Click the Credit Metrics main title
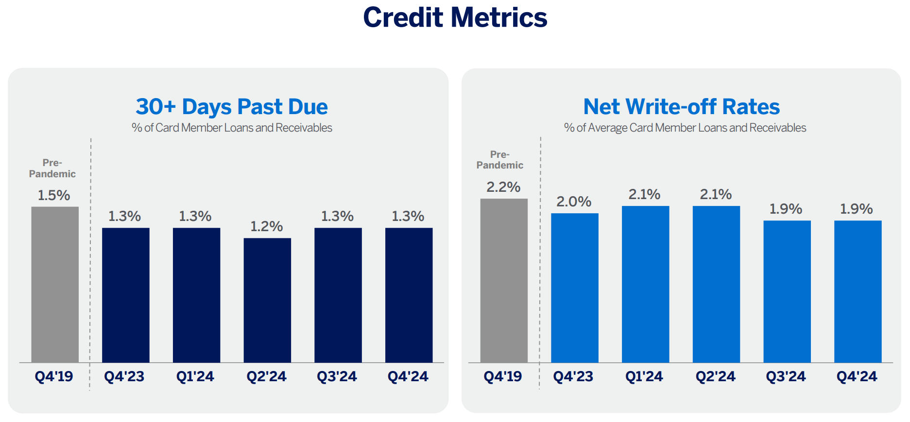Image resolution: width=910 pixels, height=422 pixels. point(455,17)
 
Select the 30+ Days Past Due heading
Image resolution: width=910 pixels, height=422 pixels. point(232,107)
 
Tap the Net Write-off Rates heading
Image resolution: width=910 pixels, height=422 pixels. point(681,107)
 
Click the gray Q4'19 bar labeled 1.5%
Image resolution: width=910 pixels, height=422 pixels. point(55,284)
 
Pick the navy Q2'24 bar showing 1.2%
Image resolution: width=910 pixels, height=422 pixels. point(267,300)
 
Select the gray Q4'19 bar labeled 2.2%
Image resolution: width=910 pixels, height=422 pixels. point(504,280)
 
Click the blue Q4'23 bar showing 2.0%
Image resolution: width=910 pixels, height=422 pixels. point(574,287)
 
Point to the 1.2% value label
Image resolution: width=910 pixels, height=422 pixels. point(266,226)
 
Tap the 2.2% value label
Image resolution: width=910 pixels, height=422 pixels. point(503,187)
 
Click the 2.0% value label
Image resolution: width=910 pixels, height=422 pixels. point(574,202)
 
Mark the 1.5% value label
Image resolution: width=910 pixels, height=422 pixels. point(54,195)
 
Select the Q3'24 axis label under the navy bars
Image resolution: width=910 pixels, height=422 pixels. point(337,376)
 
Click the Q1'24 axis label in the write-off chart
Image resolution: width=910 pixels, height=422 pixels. point(644,376)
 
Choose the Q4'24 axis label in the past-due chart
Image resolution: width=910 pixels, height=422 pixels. point(408,376)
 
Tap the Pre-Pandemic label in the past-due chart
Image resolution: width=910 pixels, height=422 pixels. point(52,169)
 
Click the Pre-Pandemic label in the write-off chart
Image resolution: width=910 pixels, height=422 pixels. point(499,160)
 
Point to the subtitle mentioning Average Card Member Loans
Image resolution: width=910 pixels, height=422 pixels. point(685,128)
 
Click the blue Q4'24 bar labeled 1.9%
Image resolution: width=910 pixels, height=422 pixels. point(858,291)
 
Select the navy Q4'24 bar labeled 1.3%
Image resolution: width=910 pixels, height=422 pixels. point(409,295)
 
